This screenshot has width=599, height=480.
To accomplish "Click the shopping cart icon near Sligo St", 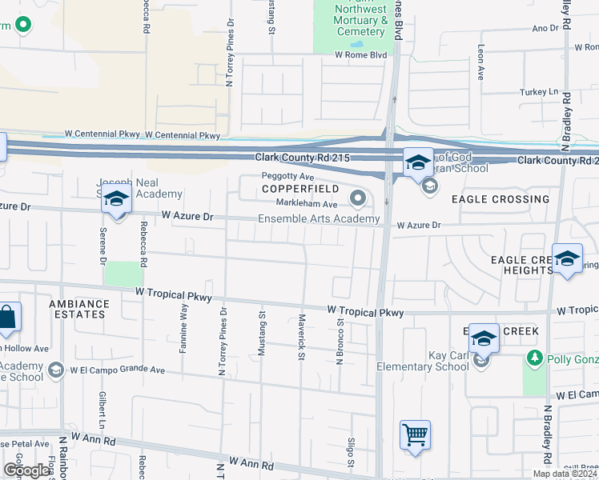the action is [416, 436].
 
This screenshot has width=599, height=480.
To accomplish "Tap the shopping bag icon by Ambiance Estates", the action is [7, 318].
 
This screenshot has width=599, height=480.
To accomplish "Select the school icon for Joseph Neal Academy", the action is [116, 200].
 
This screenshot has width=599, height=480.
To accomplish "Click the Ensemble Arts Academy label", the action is [318, 219].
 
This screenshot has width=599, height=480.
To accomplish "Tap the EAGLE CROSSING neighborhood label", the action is [500, 199].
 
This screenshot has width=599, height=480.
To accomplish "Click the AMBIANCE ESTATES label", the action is [78, 309].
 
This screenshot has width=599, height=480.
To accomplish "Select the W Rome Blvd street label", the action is [360, 55].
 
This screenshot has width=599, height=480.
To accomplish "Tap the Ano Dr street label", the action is [545, 28].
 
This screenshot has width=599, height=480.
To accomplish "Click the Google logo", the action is [26, 470].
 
